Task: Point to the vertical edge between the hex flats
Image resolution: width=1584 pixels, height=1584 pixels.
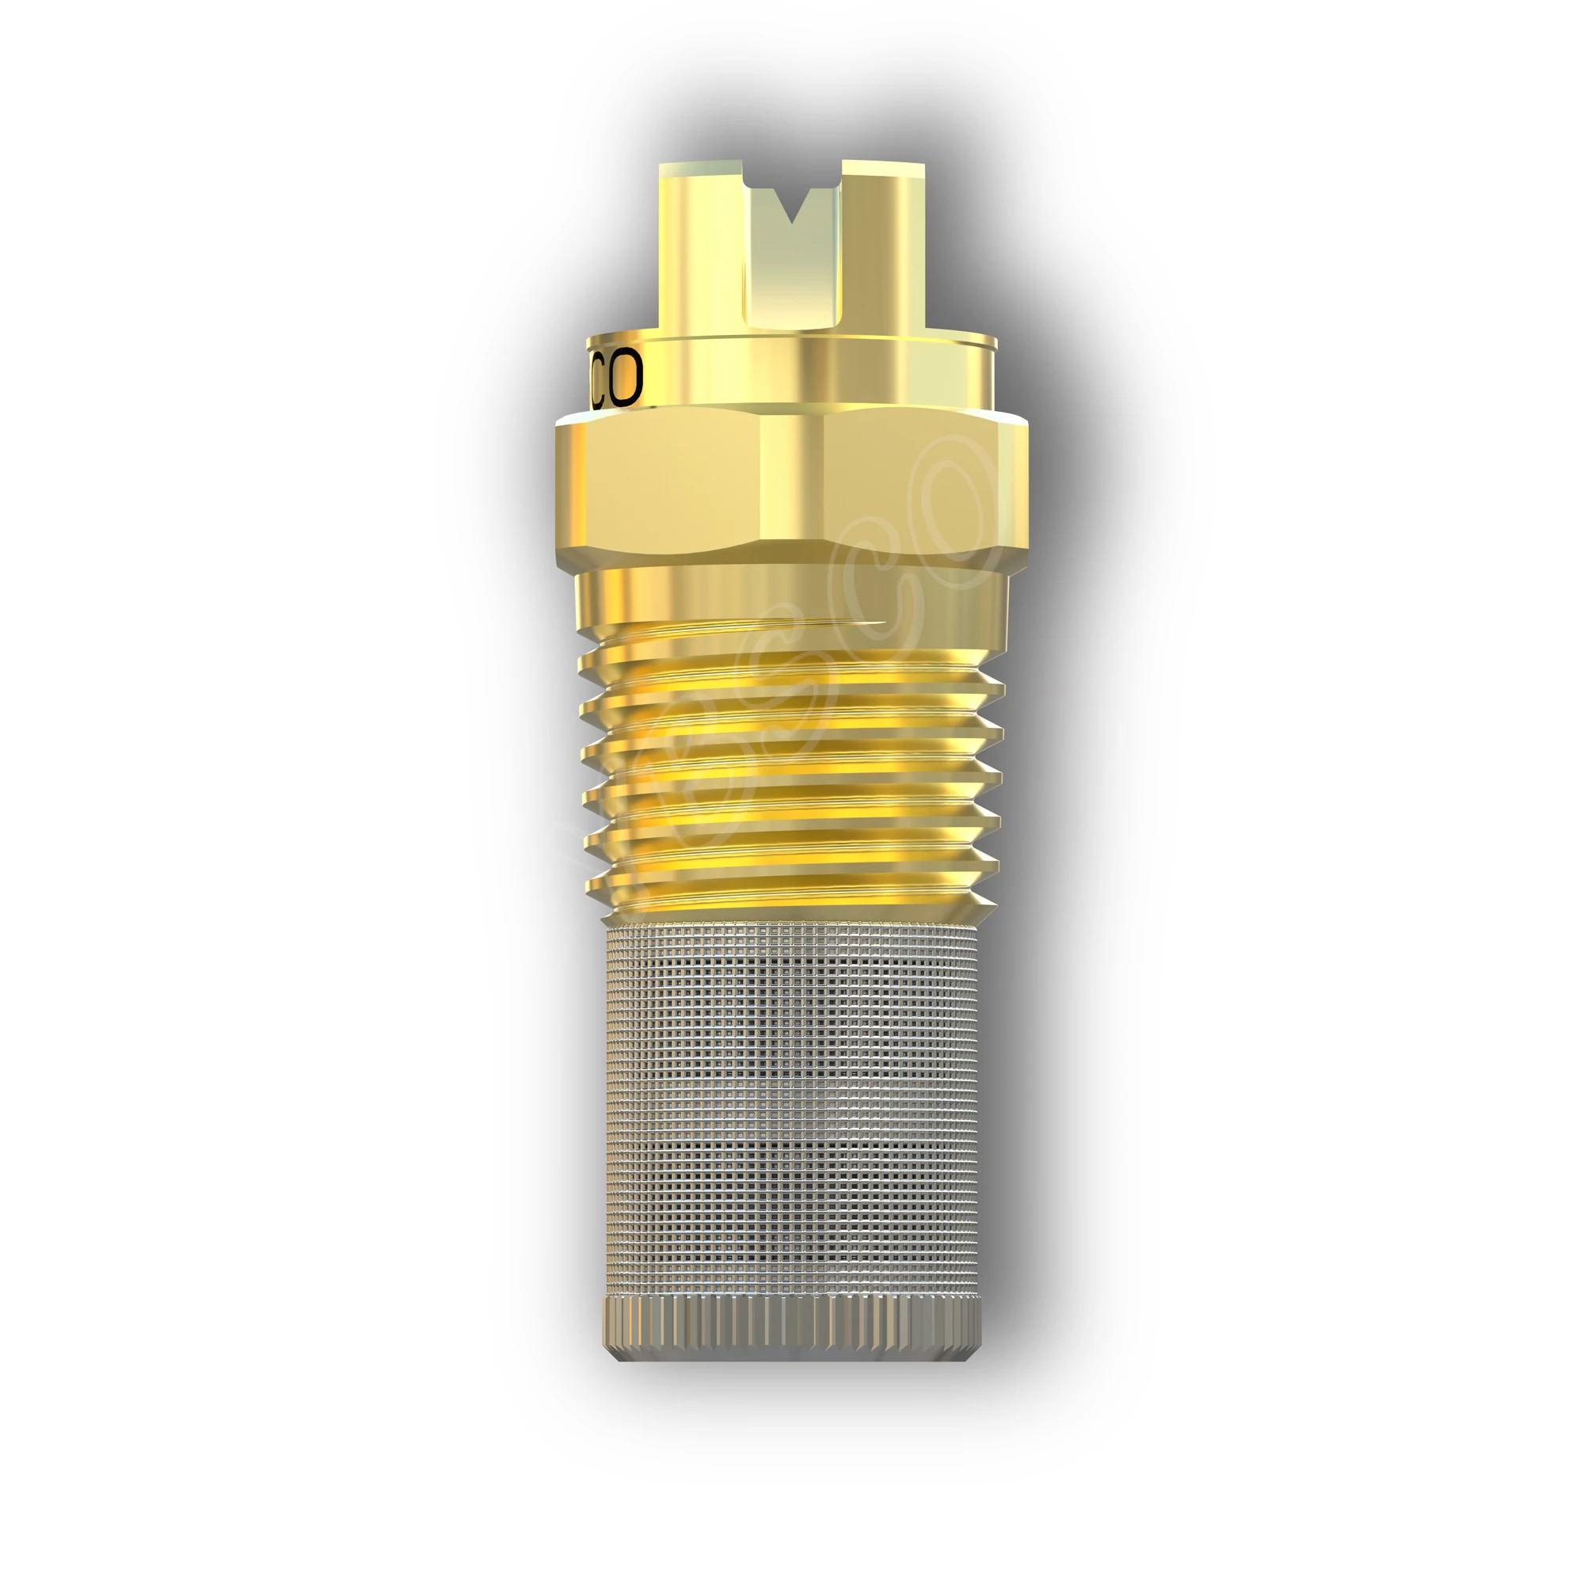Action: pos(760,484)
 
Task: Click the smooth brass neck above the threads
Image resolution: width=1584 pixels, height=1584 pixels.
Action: pos(791,595)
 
